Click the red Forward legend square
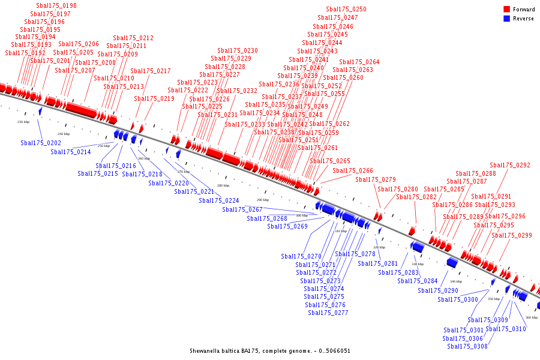pyautogui.click(x=507, y=10)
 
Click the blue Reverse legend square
pyautogui.click(x=507, y=19)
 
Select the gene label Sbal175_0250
pyautogui.click(x=346, y=10)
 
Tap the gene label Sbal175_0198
pyautogui.click(x=56, y=6)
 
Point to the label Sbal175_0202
pyautogui.click(x=41, y=143)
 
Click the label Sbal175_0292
pyautogui.click(x=510, y=166)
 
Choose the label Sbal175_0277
pyautogui.click(x=328, y=313)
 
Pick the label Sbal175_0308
pyautogui.click(x=467, y=346)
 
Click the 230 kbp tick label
pyautogui.click(x=23, y=122)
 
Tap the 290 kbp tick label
pyautogui.click(x=263, y=200)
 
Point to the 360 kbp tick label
pyautogui.click(x=532, y=317)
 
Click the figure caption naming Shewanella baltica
pyautogui.click(x=270, y=351)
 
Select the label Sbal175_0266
pyautogui.click(x=353, y=171)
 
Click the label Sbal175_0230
pyautogui.click(x=238, y=51)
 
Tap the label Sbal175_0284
pyautogui.click(x=418, y=281)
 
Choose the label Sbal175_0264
pyautogui.click(x=359, y=62)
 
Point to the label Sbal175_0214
pyautogui.click(x=71, y=152)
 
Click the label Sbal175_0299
pyautogui.click(x=512, y=236)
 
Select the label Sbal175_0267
pyautogui.click(x=242, y=210)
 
